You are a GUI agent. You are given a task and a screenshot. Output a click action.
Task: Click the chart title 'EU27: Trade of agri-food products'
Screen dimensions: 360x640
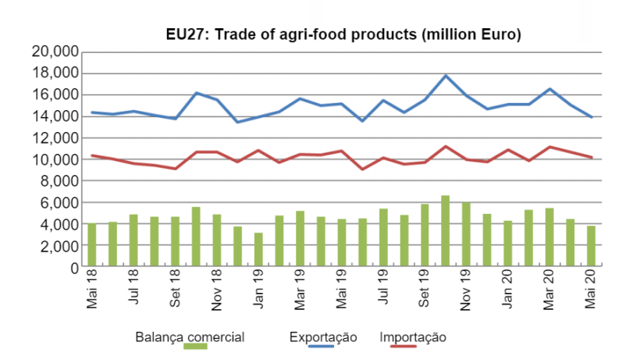pos(343,35)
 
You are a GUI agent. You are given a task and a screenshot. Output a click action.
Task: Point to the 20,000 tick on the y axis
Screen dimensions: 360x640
pos(55,52)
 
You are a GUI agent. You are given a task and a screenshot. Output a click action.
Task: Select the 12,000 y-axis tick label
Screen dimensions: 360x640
pos(55,138)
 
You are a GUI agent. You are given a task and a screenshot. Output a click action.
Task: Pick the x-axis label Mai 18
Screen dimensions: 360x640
pos(92,291)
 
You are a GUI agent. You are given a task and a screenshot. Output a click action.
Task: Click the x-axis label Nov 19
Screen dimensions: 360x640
pos(465,291)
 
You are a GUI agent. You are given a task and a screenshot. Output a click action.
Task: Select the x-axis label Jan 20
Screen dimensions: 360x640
pos(507,291)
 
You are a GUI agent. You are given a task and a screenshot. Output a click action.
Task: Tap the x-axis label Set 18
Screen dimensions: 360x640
pos(176,291)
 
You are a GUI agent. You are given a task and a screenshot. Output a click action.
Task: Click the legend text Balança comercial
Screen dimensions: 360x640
pos(190,337)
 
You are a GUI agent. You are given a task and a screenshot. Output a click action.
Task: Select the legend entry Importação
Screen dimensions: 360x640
pos(413,337)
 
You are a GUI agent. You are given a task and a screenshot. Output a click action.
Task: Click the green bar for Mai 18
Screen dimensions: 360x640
pos(92,245)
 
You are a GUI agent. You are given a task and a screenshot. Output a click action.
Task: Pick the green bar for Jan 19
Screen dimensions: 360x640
pos(258,250)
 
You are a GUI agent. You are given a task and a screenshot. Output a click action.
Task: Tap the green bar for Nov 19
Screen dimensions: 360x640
pos(465,235)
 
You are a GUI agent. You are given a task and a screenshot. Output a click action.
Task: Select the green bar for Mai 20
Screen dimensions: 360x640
pos(591,247)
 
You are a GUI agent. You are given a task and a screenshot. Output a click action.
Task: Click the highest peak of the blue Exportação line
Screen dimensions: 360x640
pos(445,76)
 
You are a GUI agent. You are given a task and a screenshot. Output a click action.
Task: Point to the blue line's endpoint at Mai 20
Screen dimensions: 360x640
pos(591,117)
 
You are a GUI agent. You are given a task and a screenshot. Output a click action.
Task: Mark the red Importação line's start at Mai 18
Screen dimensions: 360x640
pos(92,155)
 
